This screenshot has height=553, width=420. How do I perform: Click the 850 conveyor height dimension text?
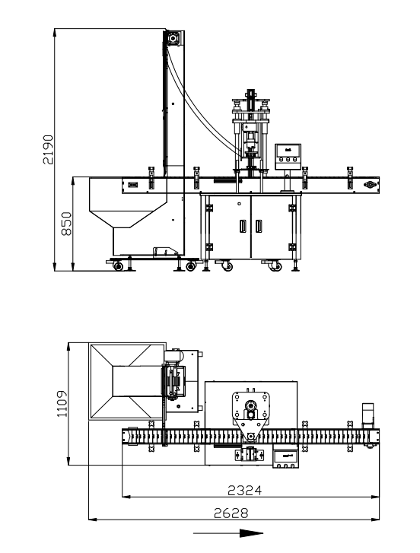[x=66, y=224]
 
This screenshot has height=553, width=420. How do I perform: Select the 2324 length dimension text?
[x=249, y=491]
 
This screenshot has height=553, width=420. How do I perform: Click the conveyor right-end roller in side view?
[x=371, y=184]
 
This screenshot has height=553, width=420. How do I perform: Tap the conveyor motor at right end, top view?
[x=369, y=414]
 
